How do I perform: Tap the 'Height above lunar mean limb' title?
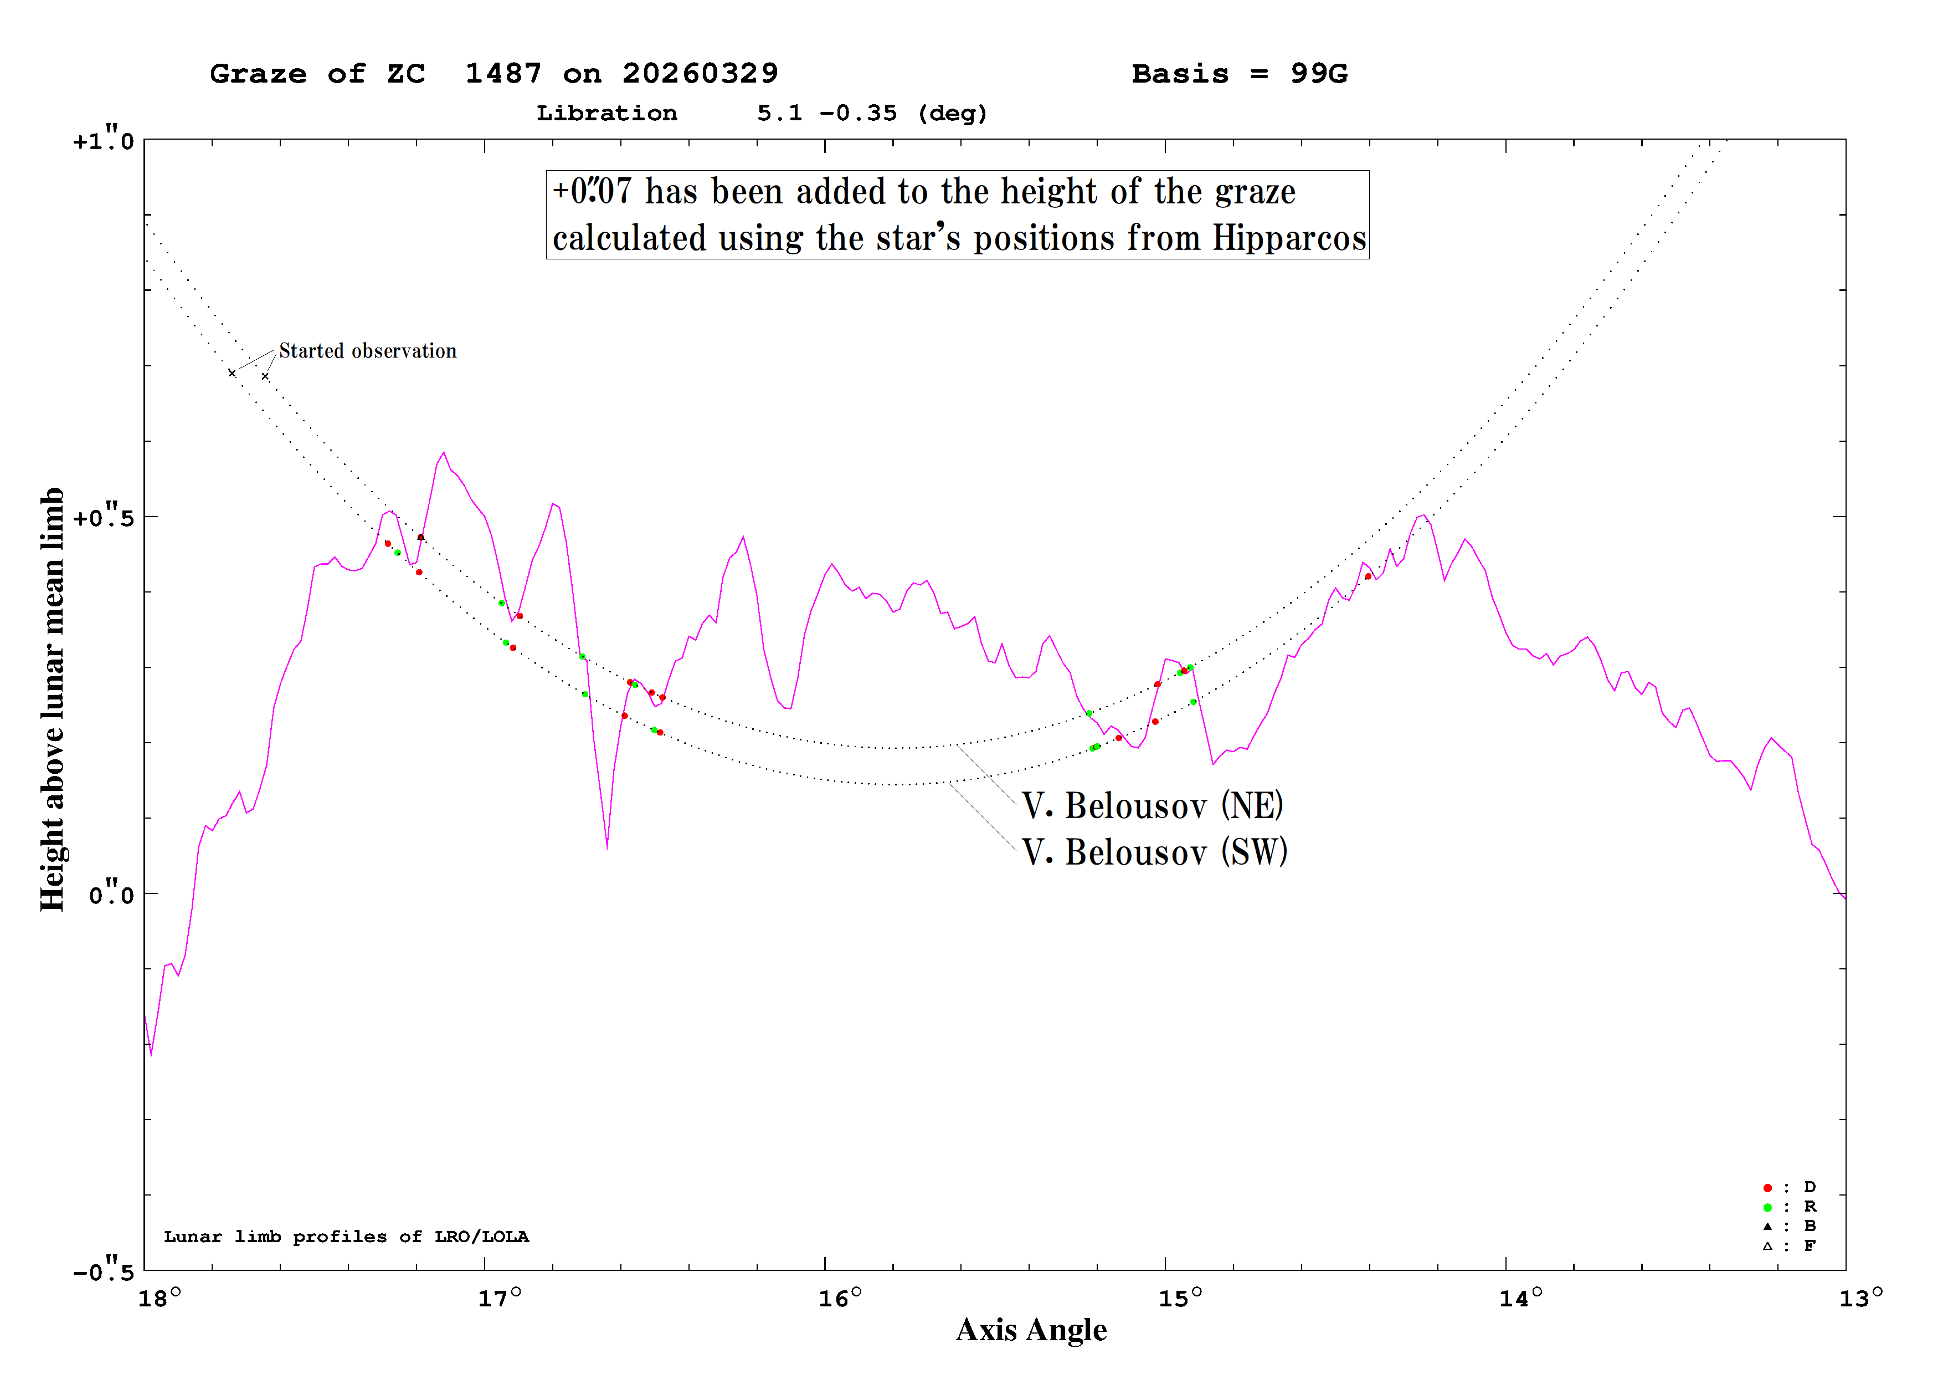(53, 699)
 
